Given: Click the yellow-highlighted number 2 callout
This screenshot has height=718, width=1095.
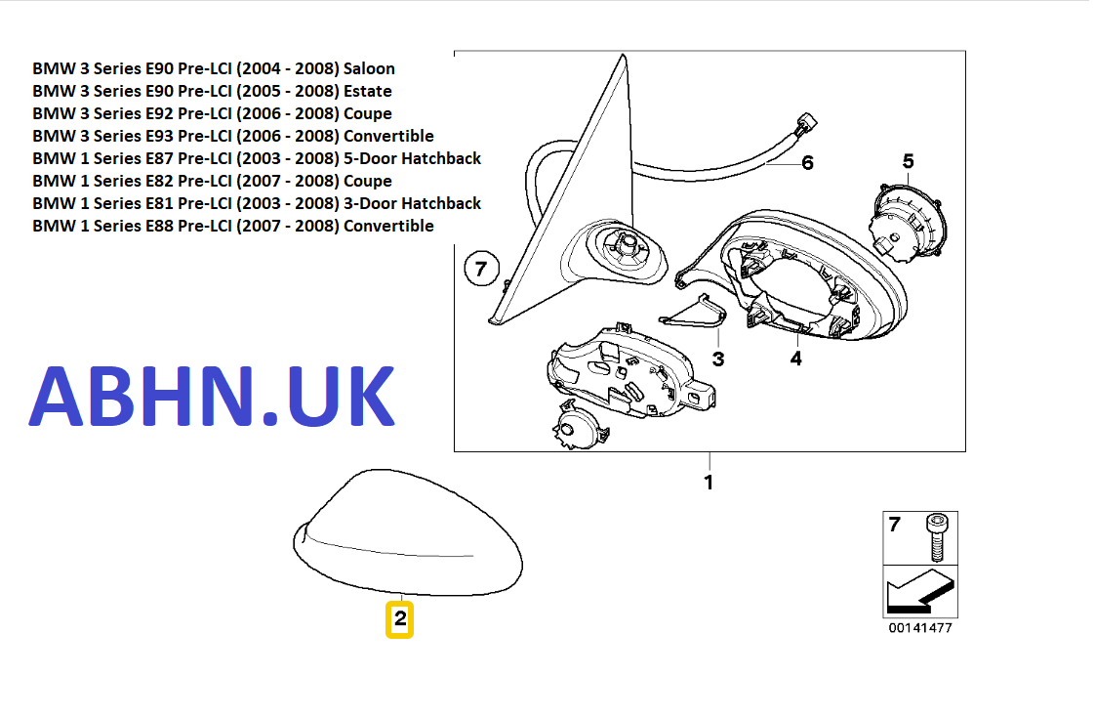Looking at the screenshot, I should click(400, 619).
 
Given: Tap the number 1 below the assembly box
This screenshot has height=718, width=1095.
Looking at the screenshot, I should click(710, 483).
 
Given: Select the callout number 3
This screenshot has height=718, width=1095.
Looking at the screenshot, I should click(718, 359).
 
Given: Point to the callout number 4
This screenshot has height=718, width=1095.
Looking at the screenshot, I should click(796, 359).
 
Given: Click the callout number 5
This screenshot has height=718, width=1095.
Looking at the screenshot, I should click(908, 161).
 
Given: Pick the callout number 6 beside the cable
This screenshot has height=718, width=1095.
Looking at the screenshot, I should click(807, 163).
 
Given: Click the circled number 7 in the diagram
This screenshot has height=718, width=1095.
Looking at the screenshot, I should click(481, 268).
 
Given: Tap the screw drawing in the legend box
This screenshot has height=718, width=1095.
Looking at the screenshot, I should click(937, 536).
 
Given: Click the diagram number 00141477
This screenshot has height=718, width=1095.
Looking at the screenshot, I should click(920, 628).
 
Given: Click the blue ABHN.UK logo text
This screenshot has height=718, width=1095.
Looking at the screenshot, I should click(212, 397).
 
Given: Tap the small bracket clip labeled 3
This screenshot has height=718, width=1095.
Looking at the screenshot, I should click(694, 310).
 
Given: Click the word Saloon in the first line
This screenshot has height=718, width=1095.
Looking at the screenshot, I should click(369, 68).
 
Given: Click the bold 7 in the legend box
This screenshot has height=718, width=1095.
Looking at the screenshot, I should click(895, 526).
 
